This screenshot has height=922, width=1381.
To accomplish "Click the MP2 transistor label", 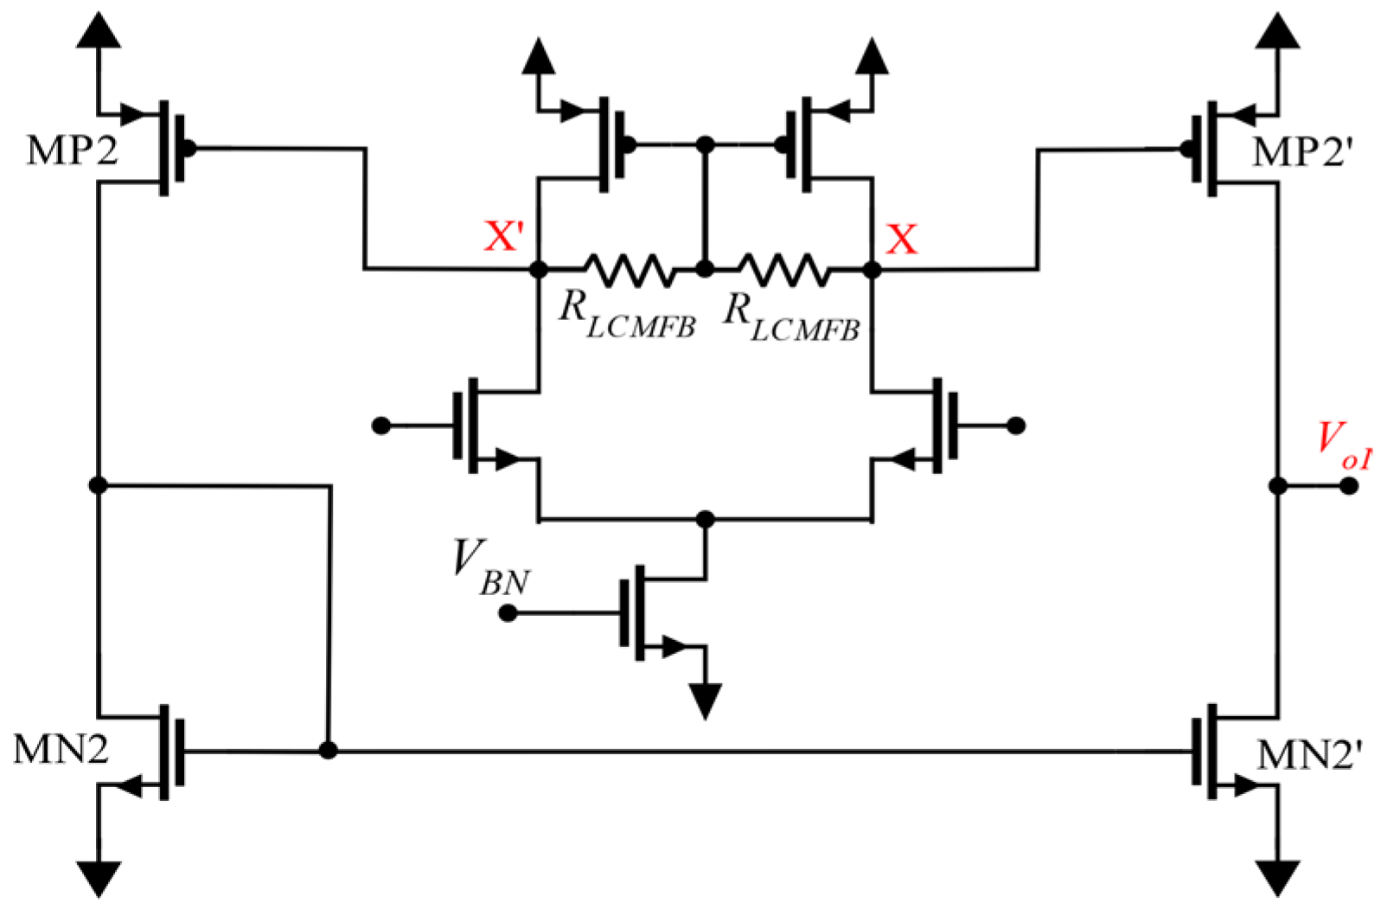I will click(72, 151).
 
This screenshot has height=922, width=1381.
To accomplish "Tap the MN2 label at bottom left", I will click(61, 749).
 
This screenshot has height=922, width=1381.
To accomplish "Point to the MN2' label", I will click(1308, 755).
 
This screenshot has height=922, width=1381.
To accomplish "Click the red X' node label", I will click(504, 236).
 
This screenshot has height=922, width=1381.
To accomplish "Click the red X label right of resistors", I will click(901, 239).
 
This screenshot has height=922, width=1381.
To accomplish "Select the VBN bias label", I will click(489, 567).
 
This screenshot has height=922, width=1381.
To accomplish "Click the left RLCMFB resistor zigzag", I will click(629, 270).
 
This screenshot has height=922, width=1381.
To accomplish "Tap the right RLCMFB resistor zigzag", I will click(783, 270).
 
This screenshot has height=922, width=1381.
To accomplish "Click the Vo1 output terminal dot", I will click(1348, 486).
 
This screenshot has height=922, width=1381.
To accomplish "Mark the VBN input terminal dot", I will click(508, 613).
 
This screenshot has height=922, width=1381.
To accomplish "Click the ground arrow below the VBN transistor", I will click(706, 700).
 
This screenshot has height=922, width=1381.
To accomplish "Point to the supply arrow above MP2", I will click(99, 31).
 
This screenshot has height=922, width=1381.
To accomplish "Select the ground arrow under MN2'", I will click(1277, 877).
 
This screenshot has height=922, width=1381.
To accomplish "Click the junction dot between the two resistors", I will click(705, 270).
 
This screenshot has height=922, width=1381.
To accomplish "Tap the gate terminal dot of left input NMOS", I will click(380, 426).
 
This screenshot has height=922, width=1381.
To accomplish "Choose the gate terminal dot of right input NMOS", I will click(1017, 426).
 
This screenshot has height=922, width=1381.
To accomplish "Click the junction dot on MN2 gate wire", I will click(328, 750).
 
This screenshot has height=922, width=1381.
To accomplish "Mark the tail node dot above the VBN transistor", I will click(706, 519).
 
